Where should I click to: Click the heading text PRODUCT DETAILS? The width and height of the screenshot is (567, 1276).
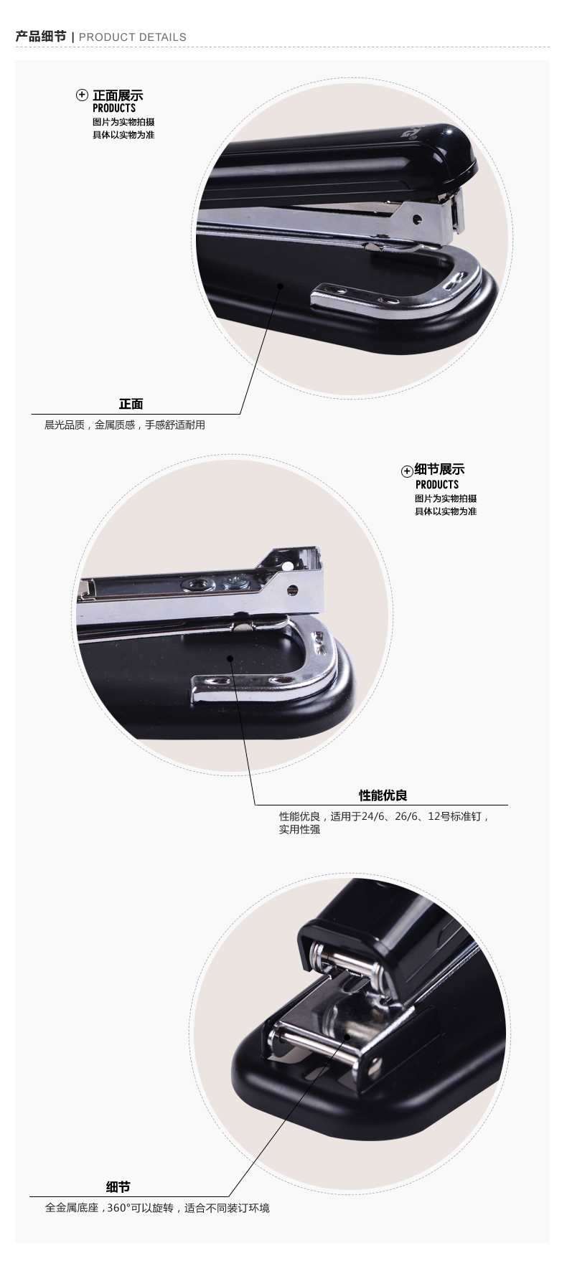133,37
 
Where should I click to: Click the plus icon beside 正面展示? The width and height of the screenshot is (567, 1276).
83,95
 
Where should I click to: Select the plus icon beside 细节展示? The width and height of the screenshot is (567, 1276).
406,471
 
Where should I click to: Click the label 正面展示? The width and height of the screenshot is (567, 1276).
118,95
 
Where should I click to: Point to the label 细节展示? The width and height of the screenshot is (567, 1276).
439,470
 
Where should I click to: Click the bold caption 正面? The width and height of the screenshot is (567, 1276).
131,405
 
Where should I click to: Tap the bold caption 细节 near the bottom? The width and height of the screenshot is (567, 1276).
118,1187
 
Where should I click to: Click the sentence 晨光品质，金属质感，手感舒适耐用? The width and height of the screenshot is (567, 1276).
125,425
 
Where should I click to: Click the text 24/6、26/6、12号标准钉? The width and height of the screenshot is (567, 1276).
425,816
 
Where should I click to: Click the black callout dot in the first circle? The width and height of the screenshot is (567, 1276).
281,286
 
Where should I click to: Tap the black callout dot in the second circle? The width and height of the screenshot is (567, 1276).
230,658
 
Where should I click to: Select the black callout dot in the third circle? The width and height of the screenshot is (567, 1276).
346,1036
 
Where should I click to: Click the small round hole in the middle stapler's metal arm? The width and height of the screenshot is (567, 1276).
292,590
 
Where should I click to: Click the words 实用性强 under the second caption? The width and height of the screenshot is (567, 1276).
299,830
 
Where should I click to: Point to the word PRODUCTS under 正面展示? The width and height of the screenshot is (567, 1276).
114,108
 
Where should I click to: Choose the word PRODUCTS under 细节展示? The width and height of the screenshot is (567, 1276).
436,484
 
